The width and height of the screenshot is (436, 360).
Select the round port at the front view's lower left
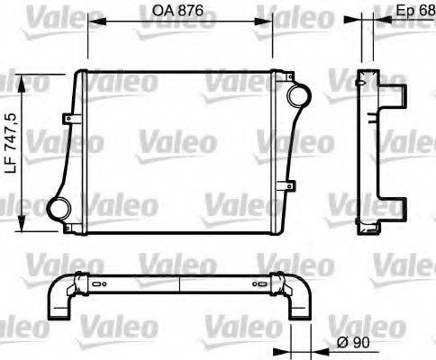[60, 208]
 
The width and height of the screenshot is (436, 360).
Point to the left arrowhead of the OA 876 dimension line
[91, 24]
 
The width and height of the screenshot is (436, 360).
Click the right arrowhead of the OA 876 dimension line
[269, 24]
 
